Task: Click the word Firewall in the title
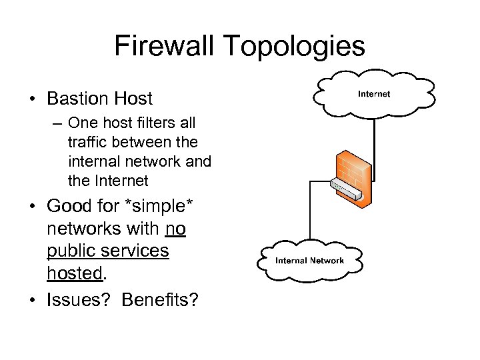[x=167, y=46]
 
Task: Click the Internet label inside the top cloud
[x=374, y=94]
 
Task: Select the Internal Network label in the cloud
[x=309, y=261]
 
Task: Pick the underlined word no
[x=176, y=229]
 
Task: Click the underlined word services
[x=136, y=251]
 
